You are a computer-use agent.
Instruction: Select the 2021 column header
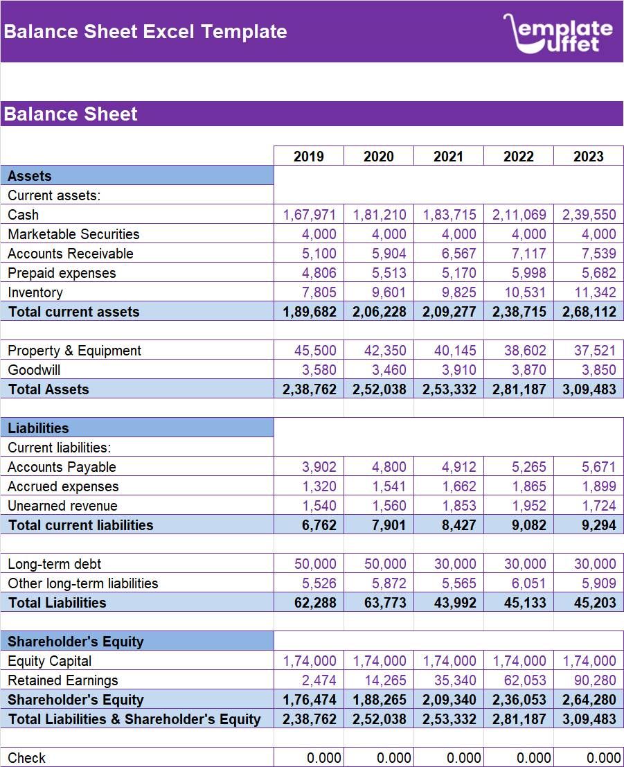[x=448, y=157]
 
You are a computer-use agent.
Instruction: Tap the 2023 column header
[x=588, y=157]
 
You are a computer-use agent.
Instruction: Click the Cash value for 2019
[x=309, y=215]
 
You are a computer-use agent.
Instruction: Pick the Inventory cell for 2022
[x=519, y=292]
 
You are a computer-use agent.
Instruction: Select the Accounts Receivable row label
[x=70, y=254]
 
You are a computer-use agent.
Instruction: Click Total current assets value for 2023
[x=589, y=312]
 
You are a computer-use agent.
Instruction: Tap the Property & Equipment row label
[x=74, y=351]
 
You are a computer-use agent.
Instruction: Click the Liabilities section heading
[x=38, y=428]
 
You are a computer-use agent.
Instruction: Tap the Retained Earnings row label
[x=62, y=680]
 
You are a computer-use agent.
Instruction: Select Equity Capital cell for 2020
[x=379, y=661]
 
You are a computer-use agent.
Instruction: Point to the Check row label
[x=27, y=758]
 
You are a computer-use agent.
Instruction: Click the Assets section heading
[x=29, y=176]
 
